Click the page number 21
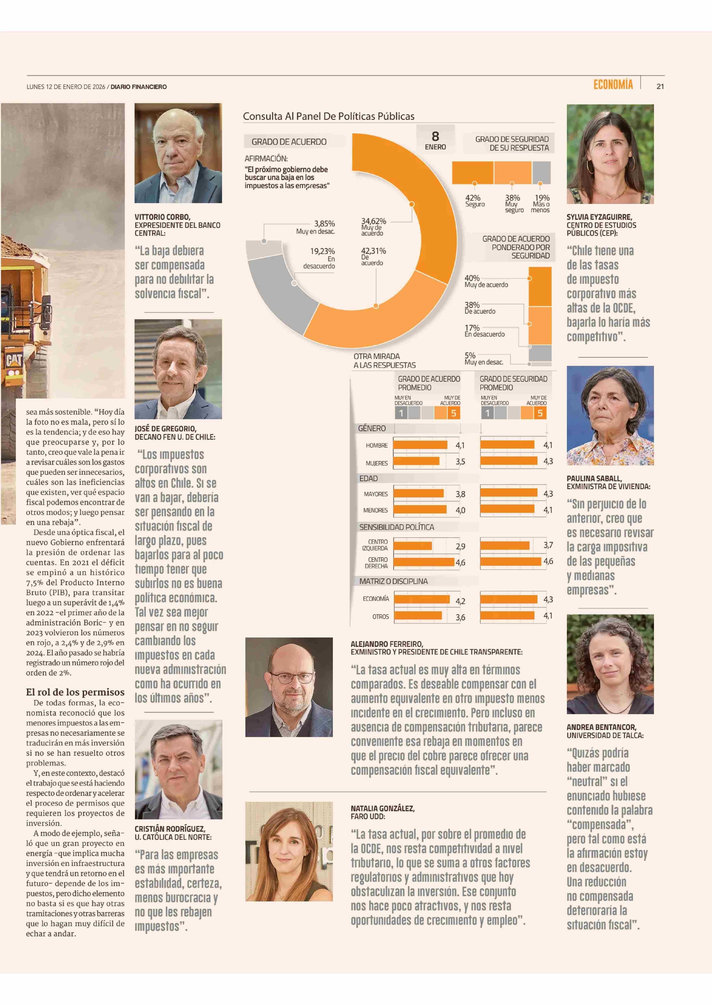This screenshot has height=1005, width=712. click(x=660, y=87)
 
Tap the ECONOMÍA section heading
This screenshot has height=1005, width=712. click(x=613, y=85)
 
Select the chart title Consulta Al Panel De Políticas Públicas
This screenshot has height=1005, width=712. click(x=328, y=117)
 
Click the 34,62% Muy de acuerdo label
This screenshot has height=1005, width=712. click(x=373, y=227)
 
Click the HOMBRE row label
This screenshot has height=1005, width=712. click(x=377, y=445)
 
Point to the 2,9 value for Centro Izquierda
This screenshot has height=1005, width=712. click(x=460, y=546)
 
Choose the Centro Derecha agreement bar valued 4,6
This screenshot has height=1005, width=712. click(x=424, y=562)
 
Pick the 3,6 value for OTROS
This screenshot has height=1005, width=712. click(x=460, y=617)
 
